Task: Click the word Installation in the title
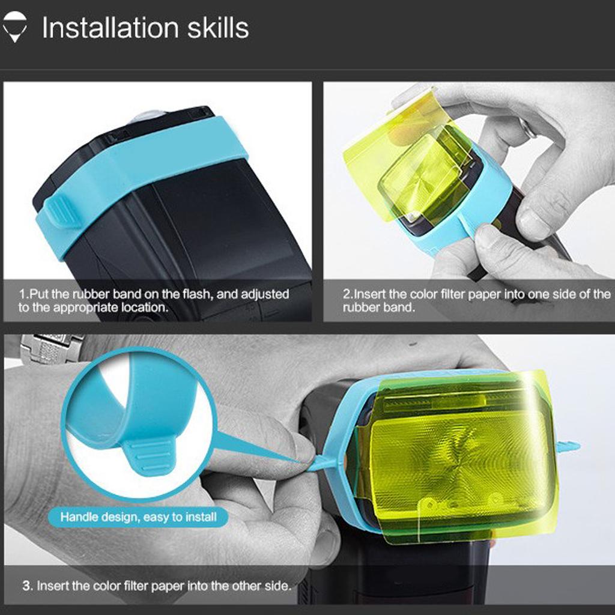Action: point(111,28)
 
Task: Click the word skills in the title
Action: point(217,28)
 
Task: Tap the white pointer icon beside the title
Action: point(14,26)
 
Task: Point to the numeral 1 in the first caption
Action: point(23,294)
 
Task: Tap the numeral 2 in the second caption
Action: point(347,294)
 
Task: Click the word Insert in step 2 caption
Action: point(370,294)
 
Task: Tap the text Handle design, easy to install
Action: point(139,517)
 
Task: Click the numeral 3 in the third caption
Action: point(26,586)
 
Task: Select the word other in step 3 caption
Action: point(247,586)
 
